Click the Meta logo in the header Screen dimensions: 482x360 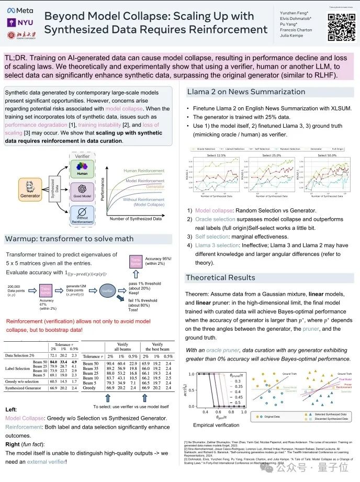[x=19, y=10]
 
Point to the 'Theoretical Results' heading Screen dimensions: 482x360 [x=220, y=277]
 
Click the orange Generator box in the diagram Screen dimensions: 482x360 [x=30, y=189]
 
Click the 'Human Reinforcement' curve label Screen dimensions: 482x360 [x=144, y=171]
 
